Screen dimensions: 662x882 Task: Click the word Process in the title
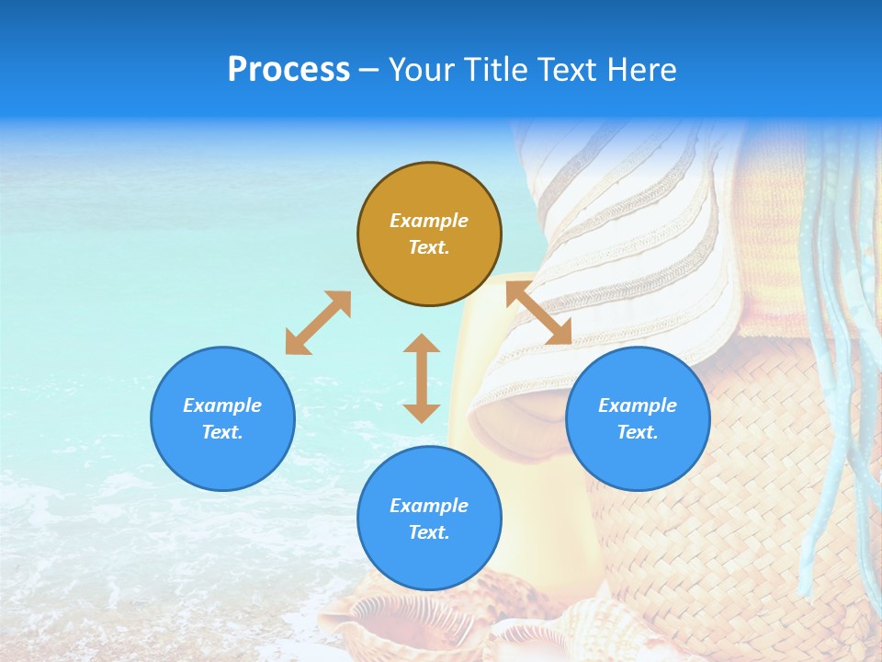point(288,70)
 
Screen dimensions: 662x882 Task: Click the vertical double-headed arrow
point(422,378)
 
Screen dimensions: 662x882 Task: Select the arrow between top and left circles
point(318,323)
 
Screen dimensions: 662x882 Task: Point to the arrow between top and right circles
point(538,314)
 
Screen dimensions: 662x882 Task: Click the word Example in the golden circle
point(429,221)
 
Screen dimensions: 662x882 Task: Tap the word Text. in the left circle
point(222,432)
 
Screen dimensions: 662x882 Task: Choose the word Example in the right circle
point(638,405)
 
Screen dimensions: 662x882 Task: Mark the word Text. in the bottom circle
point(429,532)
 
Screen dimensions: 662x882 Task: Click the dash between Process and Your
point(369,71)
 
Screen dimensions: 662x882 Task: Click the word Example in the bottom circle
point(429,506)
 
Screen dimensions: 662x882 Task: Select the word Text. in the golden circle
point(429,247)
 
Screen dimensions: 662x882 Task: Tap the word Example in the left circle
point(222,405)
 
